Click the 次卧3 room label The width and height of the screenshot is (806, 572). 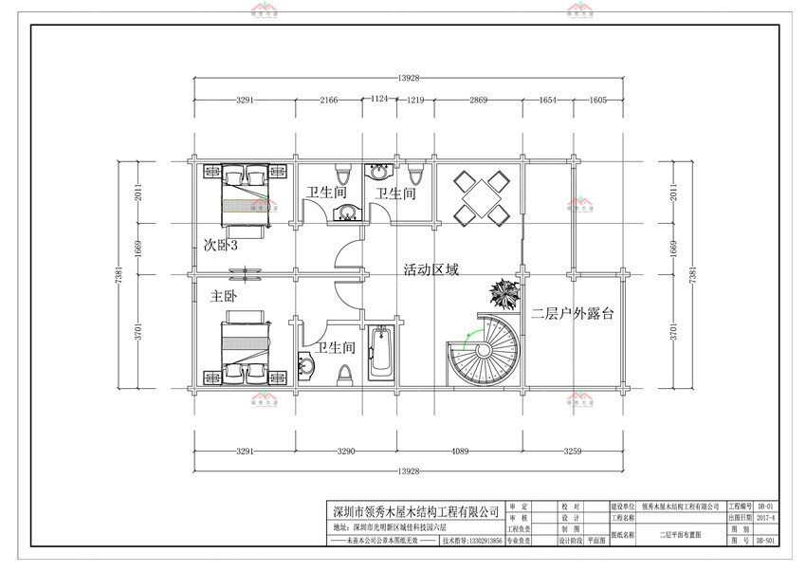[x=220, y=245]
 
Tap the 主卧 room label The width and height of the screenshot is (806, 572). [x=223, y=296]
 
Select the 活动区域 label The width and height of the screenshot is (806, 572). [x=430, y=269]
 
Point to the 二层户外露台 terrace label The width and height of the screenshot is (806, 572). [x=572, y=313]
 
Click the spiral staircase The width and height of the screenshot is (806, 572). [x=484, y=351]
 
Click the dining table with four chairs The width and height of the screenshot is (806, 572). [x=481, y=197]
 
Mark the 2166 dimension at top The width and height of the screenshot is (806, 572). [x=328, y=100]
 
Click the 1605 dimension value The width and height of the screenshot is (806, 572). [x=598, y=100]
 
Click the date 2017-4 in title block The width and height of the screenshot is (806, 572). [x=765, y=519]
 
